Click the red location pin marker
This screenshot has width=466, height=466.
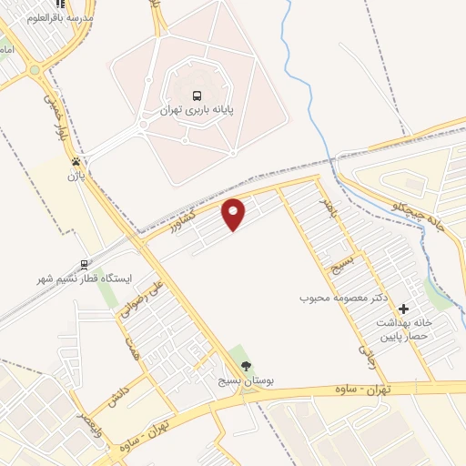pos(235,214)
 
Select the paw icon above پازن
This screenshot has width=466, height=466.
pos(76,161)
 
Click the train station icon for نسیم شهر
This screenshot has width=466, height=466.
pos(84,265)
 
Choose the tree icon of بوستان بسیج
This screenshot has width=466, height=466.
pos(246,366)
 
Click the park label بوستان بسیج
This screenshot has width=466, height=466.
pos(246,381)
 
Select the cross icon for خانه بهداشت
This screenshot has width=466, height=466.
pos(404,309)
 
